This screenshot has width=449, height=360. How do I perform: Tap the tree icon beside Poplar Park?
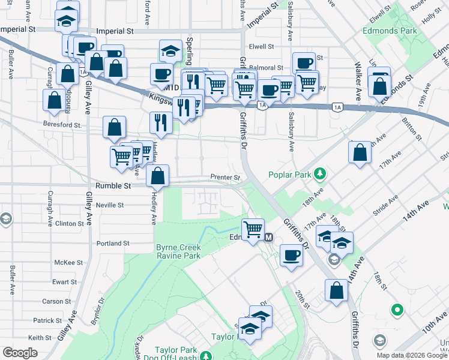[x=321, y=174]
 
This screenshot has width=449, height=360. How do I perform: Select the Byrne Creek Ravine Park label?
[x=178, y=251]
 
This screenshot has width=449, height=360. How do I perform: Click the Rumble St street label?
[x=112, y=186]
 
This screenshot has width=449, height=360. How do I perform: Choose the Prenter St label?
[x=225, y=178]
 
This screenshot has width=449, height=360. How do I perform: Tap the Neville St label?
[x=110, y=205]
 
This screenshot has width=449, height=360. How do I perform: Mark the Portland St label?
[x=113, y=244]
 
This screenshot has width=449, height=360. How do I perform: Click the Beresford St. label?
[x=62, y=125]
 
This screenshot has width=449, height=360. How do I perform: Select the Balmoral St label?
[x=267, y=68]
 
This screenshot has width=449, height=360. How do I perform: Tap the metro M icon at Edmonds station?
[x=269, y=238]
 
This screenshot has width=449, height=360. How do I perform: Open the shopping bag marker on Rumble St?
[x=157, y=176]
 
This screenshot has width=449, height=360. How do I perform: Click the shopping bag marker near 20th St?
[x=337, y=290]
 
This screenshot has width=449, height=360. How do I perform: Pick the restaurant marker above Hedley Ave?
[x=161, y=122]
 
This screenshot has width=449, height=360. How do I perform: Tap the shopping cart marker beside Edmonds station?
[x=253, y=229]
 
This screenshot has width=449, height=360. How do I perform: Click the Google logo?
[x=20, y=353]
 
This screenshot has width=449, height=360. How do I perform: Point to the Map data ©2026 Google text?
[x=412, y=355]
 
